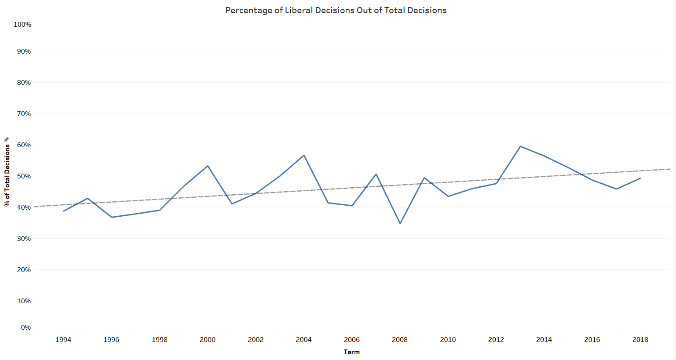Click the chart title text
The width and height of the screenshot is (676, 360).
point(336,10)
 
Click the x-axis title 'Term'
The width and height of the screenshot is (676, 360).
point(352,352)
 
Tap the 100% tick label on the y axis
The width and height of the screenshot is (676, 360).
point(22,25)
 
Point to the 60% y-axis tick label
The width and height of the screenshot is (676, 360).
point(24,145)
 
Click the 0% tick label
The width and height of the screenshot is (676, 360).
point(26,327)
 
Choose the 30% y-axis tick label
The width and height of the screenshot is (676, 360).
point(24,239)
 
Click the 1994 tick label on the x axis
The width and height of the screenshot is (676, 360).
point(63,340)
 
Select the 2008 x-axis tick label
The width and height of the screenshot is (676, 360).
point(400,340)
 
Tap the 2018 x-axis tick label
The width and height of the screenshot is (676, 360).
point(640,340)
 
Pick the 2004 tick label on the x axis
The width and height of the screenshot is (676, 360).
point(303,340)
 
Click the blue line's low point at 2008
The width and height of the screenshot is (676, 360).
point(400,223)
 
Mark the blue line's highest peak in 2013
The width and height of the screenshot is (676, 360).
point(520,146)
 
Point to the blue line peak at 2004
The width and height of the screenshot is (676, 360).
point(304,155)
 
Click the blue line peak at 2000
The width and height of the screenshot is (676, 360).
point(208,166)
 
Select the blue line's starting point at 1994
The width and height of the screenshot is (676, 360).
point(63,211)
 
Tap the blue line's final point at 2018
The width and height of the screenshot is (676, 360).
point(640,178)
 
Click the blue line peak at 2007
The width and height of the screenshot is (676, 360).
point(376,174)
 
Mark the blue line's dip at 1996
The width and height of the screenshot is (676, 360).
point(112,217)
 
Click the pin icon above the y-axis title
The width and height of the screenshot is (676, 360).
point(7,139)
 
